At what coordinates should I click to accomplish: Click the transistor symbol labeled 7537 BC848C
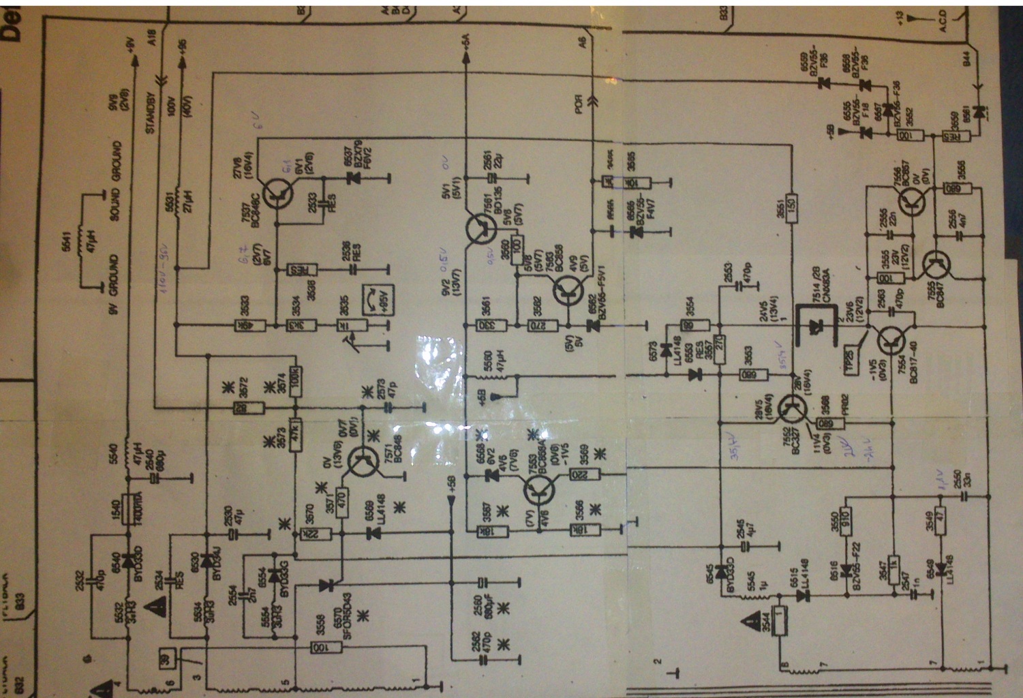tap(278, 194)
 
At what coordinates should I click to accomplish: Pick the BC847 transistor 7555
tap(936, 264)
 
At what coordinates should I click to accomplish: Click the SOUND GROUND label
tap(116, 180)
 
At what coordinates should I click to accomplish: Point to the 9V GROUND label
tap(114, 284)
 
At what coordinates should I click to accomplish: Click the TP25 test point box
tap(849, 355)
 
